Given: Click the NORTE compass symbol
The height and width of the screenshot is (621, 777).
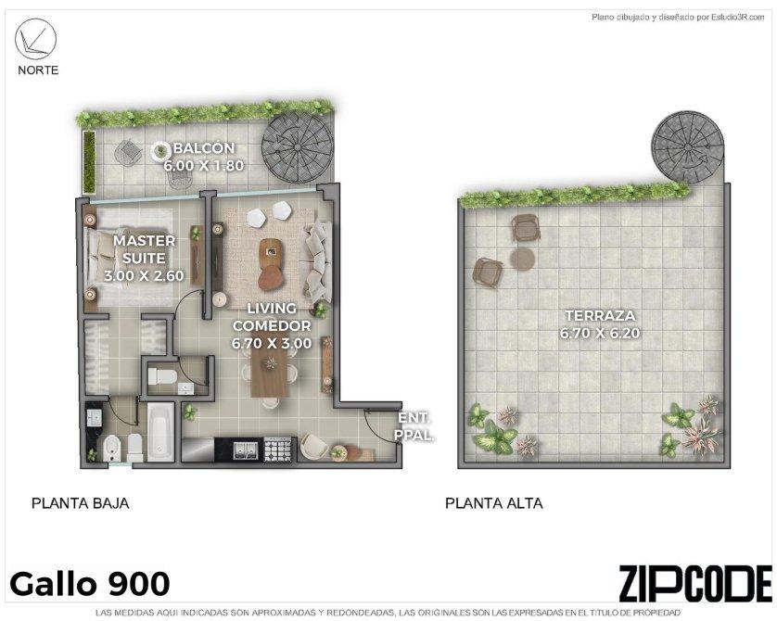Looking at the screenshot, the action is pos(35,39).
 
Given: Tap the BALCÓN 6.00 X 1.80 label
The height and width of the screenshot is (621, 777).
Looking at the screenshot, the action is pos(204,157).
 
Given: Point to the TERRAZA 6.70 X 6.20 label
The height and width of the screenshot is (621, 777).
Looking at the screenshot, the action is pos(600,324).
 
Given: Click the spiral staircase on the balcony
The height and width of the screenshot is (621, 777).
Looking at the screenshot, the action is pos(298,149).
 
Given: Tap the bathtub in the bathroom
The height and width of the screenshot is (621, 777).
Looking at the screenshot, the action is pos(161,432).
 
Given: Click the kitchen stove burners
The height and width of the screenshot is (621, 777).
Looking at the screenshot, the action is pos(277,450).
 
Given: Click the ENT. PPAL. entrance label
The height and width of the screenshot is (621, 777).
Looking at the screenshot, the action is pos(414,427).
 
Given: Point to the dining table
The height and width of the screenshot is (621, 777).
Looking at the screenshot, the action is pos(269,374).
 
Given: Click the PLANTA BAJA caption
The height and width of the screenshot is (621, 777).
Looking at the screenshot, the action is pos(81,503).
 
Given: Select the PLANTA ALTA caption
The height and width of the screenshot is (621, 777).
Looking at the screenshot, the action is pos(494,503).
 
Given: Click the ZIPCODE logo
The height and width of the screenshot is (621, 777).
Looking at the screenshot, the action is pos(695,584).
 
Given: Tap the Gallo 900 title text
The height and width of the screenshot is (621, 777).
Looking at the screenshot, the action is pos(90,584).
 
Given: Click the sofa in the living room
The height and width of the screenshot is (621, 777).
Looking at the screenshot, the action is pos(317,261).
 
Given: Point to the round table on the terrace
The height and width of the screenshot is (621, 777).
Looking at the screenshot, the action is pos(522,258).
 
